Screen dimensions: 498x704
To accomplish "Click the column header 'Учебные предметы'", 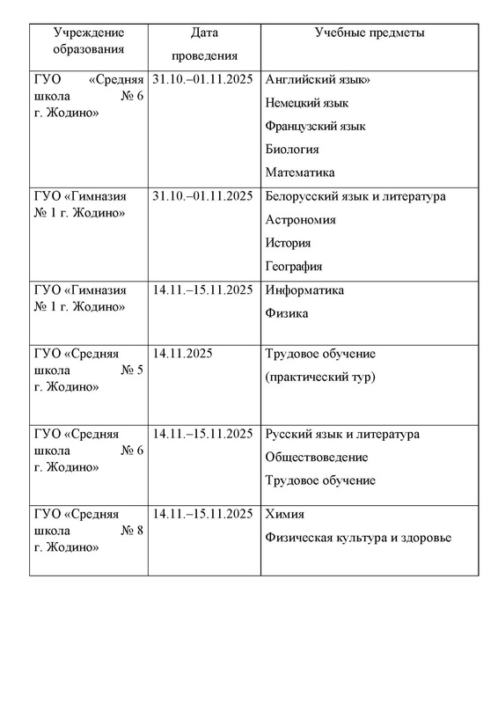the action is pyautogui.click(x=370, y=33).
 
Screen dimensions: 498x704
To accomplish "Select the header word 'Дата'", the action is pyautogui.click(x=202, y=33).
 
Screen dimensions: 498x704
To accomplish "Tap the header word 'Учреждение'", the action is pyautogui.click(x=86, y=33).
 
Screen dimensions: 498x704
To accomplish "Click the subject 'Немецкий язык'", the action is pyautogui.click(x=304, y=103).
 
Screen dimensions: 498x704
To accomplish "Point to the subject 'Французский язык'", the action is pyautogui.click(x=315, y=126).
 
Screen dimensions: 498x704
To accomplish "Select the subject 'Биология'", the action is pyautogui.click(x=291, y=149).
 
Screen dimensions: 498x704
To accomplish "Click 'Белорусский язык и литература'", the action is pyautogui.click(x=355, y=196).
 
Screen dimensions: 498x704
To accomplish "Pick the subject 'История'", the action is pyautogui.click(x=289, y=243).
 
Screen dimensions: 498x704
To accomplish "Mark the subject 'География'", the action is pyautogui.click(x=293, y=266).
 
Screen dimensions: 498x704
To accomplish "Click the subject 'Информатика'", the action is pyautogui.click(x=304, y=290).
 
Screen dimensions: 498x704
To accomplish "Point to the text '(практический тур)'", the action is pyautogui.click(x=319, y=377).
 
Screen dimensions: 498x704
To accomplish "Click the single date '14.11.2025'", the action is pyautogui.click(x=183, y=354).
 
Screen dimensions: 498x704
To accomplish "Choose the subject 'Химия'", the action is pyautogui.click(x=283, y=514).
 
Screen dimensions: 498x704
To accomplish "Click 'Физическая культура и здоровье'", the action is pyautogui.click(x=357, y=537).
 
